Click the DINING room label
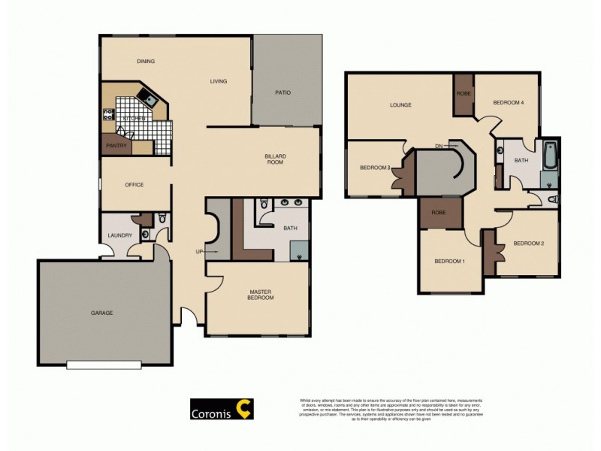[146, 62]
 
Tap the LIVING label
[219, 81]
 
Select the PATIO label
[282, 93]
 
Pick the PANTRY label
[116, 146]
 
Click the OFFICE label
[134, 185]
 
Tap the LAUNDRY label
[120, 235]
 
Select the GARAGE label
[102, 313]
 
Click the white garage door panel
[104, 366]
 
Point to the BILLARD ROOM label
[275, 159]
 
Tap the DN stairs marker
[439, 146]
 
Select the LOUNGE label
[400, 104]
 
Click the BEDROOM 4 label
[508, 102]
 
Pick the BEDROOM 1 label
[450, 261]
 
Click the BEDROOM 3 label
[375, 168]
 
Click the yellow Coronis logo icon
[243, 409]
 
